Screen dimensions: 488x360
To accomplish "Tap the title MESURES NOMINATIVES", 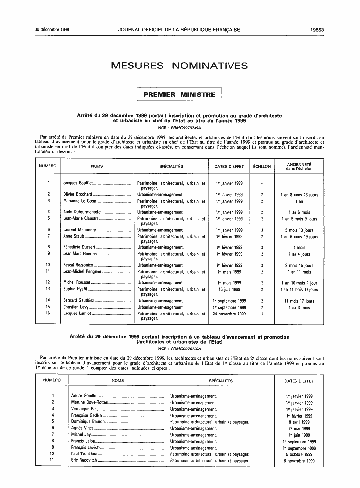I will [x=179, y=66].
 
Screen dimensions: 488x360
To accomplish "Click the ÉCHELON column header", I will [x=262, y=166].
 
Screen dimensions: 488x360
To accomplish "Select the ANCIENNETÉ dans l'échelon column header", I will [x=299, y=166].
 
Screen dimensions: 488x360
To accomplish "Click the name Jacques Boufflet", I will [x=78, y=183].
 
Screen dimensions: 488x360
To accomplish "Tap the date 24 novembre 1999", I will [x=229, y=314].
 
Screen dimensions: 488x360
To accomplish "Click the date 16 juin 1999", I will [x=229, y=289].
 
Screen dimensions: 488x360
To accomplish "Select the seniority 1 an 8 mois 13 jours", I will [x=299, y=195].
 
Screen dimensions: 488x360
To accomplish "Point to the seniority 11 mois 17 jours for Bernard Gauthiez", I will [x=299, y=301].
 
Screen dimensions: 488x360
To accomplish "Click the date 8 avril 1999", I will [x=299, y=422].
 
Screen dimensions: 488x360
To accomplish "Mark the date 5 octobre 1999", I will [x=299, y=454].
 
